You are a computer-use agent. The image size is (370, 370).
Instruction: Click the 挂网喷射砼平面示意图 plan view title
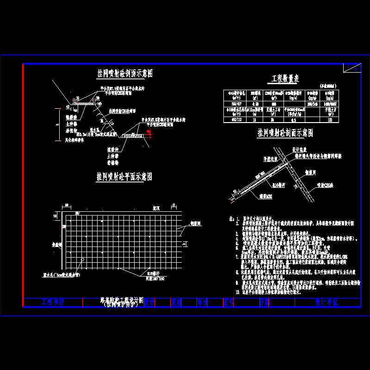[124, 177]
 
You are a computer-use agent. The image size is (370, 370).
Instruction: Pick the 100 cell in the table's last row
[330, 120]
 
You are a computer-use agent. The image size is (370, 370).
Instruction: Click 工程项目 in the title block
[53, 302]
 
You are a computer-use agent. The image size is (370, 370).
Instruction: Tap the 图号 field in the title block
[228, 302]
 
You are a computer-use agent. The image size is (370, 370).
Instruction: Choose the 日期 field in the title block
[264, 302]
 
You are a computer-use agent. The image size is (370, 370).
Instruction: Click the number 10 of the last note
[237, 293]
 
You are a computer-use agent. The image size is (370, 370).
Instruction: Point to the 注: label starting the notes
[232, 218]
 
